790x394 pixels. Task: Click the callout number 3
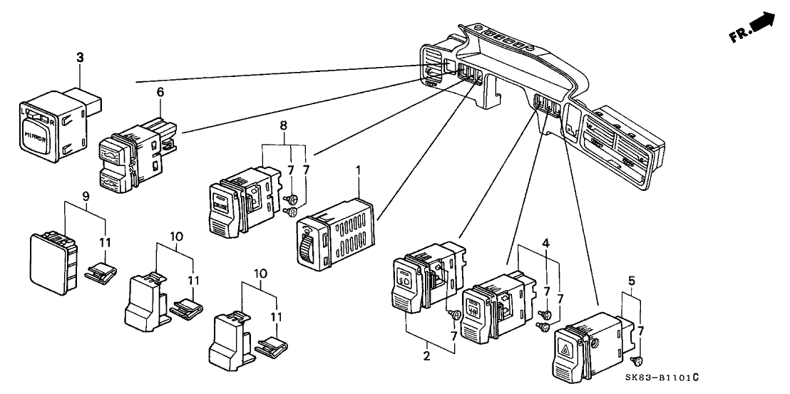click(80, 56)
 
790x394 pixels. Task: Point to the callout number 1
click(358, 172)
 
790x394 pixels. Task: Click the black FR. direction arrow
click(761, 23)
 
